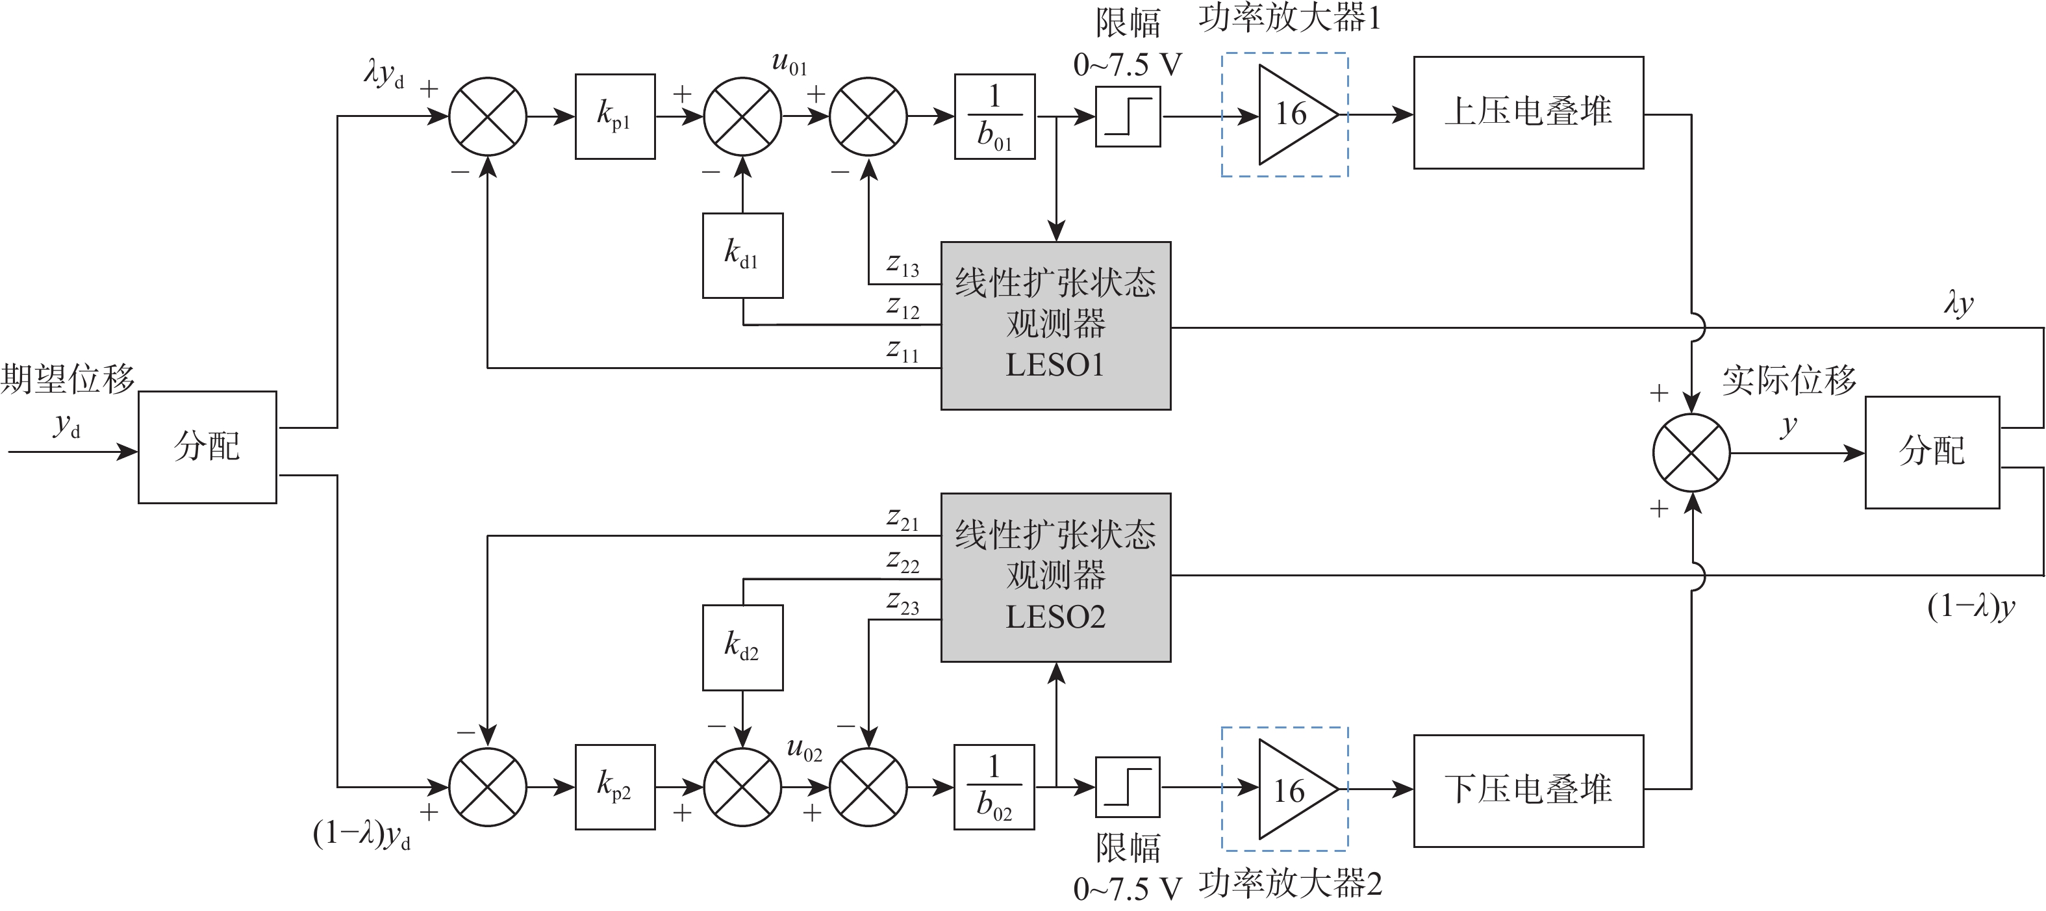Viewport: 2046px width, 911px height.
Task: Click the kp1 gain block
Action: pos(614,117)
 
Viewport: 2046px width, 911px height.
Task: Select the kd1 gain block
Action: pos(742,255)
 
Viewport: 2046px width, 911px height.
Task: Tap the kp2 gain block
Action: pos(614,786)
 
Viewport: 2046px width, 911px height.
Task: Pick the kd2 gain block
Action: pos(742,647)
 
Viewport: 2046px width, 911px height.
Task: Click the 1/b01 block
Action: pos(994,117)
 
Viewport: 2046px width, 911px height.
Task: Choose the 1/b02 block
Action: pos(994,786)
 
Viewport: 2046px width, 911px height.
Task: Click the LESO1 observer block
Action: pos(1055,326)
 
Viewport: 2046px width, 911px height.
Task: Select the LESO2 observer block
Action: pos(1055,578)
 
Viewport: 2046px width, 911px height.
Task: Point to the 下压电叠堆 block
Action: pos(1528,790)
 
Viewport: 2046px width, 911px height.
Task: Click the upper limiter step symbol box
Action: pos(1128,117)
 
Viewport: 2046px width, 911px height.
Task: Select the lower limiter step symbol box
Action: pos(1128,786)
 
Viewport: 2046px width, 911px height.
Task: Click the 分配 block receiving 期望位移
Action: pos(207,446)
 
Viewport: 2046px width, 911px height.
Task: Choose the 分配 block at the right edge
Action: pos(1932,452)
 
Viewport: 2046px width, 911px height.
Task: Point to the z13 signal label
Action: pos(903,265)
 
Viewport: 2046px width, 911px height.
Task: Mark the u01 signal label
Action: pos(789,63)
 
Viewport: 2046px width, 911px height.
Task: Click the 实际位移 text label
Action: pos(1789,380)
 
